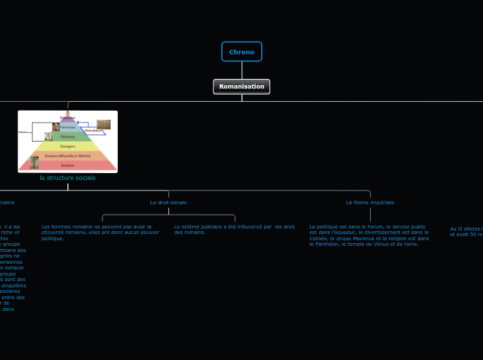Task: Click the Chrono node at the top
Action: coord(242,52)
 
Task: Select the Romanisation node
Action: coord(242,87)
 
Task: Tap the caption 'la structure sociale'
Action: coord(68,178)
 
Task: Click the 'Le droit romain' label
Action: coord(168,202)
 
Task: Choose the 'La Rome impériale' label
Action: coord(370,202)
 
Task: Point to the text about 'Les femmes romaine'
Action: coord(100,232)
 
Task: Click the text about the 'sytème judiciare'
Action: coord(234,229)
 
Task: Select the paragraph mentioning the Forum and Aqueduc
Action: coord(369,235)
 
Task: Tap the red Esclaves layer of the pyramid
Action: coord(68,165)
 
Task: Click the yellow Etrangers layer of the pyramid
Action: coord(68,147)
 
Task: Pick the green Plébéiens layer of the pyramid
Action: coord(68,137)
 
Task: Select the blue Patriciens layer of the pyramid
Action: coord(68,127)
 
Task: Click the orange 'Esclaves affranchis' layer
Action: coord(68,156)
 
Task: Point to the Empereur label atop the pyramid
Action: coord(68,118)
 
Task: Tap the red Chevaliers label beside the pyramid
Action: coord(93,130)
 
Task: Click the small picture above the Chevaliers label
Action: coord(103,124)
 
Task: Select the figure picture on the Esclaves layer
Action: coord(34,163)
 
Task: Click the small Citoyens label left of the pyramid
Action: coord(24,132)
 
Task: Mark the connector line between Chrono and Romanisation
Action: coord(242,70)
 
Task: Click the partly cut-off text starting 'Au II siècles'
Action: coord(466,231)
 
